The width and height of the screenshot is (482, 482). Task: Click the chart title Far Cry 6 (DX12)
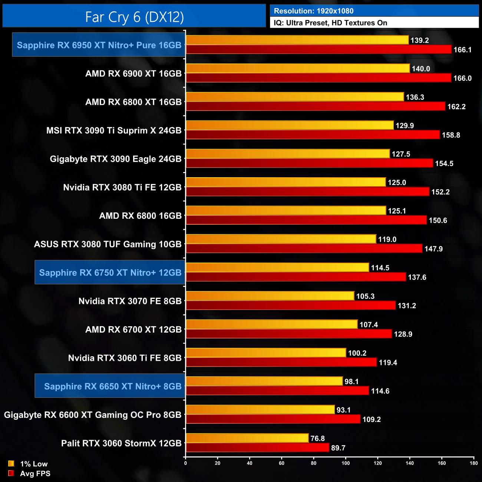pyautogui.click(x=134, y=17)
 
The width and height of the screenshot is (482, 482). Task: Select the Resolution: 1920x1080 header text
pyautogui.click(x=313, y=11)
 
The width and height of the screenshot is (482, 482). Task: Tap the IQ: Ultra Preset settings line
pyautogui.click(x=330, y=23)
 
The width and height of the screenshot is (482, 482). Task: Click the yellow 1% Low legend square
pyautogui.click(x=11, y=463)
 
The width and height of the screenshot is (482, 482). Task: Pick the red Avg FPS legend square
pyautogui.click(x=11, y=473)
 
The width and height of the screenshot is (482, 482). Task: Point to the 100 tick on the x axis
pyautogui.click(x=346, y=463)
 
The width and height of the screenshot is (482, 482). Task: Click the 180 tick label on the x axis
pyautogui.click(x=473, y=463)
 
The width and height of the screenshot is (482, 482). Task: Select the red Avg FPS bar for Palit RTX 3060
pyautogui.click(x=257, y=448)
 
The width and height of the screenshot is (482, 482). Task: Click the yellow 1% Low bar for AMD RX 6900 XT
pyautogui.click(x=297, y=69)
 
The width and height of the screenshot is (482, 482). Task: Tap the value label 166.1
pyautogui.click(x=462, y=50)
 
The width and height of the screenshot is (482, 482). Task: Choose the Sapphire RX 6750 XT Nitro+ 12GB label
pyautogui.click(x=110, y=273)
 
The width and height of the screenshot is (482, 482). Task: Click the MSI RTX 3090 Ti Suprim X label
pyautogui.click(x=114, y=131)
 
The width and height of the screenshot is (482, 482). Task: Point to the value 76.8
pyautogui.click(x=317, y=438)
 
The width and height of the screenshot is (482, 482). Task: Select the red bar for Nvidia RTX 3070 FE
pyautogui.click(x=290, y=305)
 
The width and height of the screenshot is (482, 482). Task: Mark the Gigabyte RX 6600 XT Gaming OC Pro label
pyautogui.click(x=93, y=415)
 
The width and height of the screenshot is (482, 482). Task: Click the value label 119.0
pyautogui.click(x=387, y=240)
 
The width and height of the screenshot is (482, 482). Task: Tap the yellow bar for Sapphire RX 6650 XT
pyautogui.click(x=264, y=381)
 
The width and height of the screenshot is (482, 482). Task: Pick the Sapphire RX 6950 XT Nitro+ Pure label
pyautogui.click(x=99, y=45)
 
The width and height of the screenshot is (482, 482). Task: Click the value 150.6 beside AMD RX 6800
pyautogui.click(x=438, y=221)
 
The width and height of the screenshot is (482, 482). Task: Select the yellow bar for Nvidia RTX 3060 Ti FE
pyautogui.click(x=265, y=353)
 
